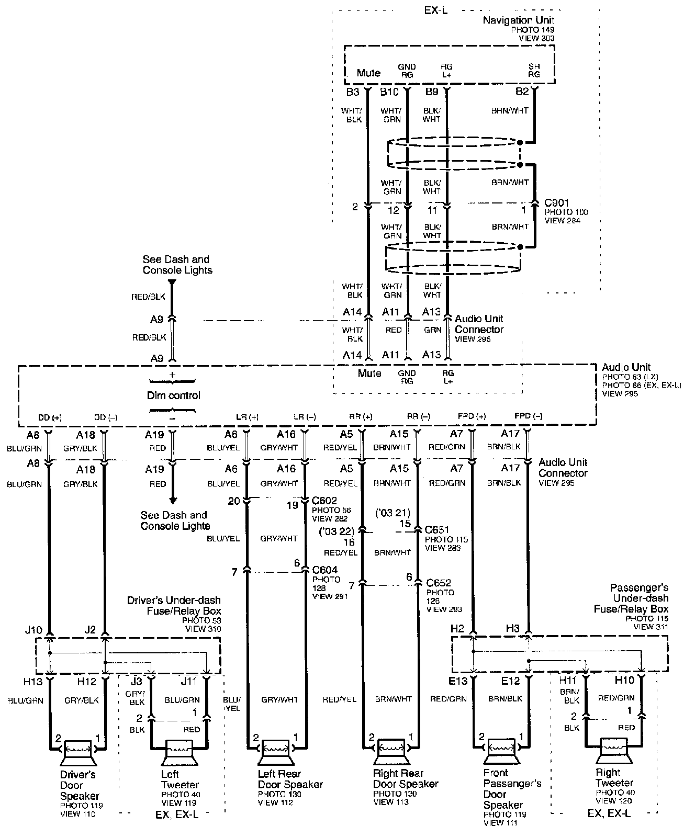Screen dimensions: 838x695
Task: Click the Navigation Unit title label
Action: coord(518,20)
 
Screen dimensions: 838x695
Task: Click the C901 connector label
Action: coord(557,202)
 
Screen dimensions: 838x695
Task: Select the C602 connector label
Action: coord(324,501)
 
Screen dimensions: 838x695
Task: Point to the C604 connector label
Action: coord(325,570)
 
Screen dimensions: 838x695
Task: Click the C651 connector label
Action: coord(438,529)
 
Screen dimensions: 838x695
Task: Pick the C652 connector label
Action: coord(439,583)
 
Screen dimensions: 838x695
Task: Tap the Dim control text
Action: coord(173,395)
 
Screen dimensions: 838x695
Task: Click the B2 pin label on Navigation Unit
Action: coord(522,92)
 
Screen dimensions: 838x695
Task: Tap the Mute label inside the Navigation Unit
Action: coord(368,73)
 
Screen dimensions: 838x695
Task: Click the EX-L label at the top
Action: coord(435,10)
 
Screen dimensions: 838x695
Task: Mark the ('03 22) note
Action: coord(337,532)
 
